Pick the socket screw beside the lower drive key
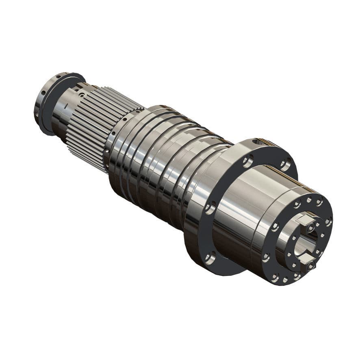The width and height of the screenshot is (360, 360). [311, 266]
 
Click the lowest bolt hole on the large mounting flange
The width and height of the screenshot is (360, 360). [210, 256]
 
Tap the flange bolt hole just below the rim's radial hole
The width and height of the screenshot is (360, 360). [247, 162]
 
